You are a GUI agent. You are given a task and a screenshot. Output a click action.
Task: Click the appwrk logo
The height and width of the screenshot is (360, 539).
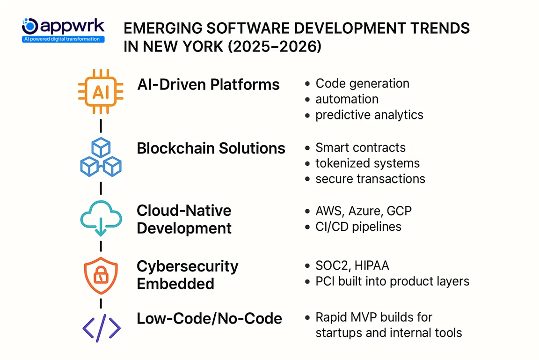point(63,26)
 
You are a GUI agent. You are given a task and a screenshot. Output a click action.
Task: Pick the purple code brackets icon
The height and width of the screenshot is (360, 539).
point(101,328)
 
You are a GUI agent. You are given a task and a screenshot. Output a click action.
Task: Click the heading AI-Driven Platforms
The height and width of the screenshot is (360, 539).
point(208,85)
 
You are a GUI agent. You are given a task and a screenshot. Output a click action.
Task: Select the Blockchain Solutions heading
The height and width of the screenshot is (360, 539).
point(211,148)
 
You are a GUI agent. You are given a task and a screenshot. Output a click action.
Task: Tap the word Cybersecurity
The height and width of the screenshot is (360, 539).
point(188,266)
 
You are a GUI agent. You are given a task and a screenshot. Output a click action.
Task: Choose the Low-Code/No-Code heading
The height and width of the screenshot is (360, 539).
point(209,319)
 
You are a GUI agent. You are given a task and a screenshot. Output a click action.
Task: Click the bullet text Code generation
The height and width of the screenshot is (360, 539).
point(362,84)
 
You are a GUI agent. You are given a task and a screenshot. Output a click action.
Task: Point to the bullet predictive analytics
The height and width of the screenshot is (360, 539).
point(369,115)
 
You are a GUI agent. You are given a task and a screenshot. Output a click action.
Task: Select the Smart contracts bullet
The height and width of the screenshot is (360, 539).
point(360,147)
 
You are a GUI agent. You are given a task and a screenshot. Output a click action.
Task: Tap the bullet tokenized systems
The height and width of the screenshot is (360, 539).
point(367,163)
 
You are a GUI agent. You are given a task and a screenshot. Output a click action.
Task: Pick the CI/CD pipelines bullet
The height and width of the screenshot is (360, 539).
point(358,227)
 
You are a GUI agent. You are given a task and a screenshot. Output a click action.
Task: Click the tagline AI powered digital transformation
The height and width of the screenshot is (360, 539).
point(63,39)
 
